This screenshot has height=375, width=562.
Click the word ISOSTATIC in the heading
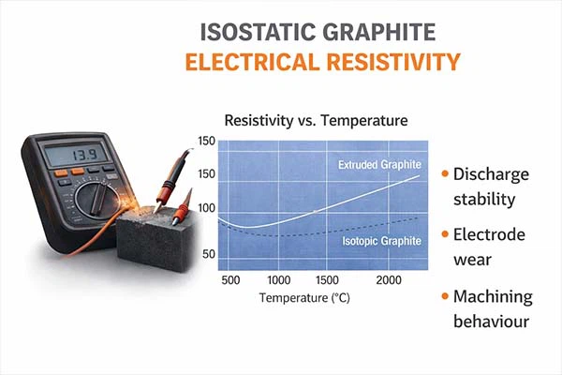point(257,31)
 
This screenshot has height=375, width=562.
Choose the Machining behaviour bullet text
point(493,309)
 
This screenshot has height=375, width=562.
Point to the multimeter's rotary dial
point(93,198)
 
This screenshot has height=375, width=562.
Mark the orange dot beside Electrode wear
point(440,235)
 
